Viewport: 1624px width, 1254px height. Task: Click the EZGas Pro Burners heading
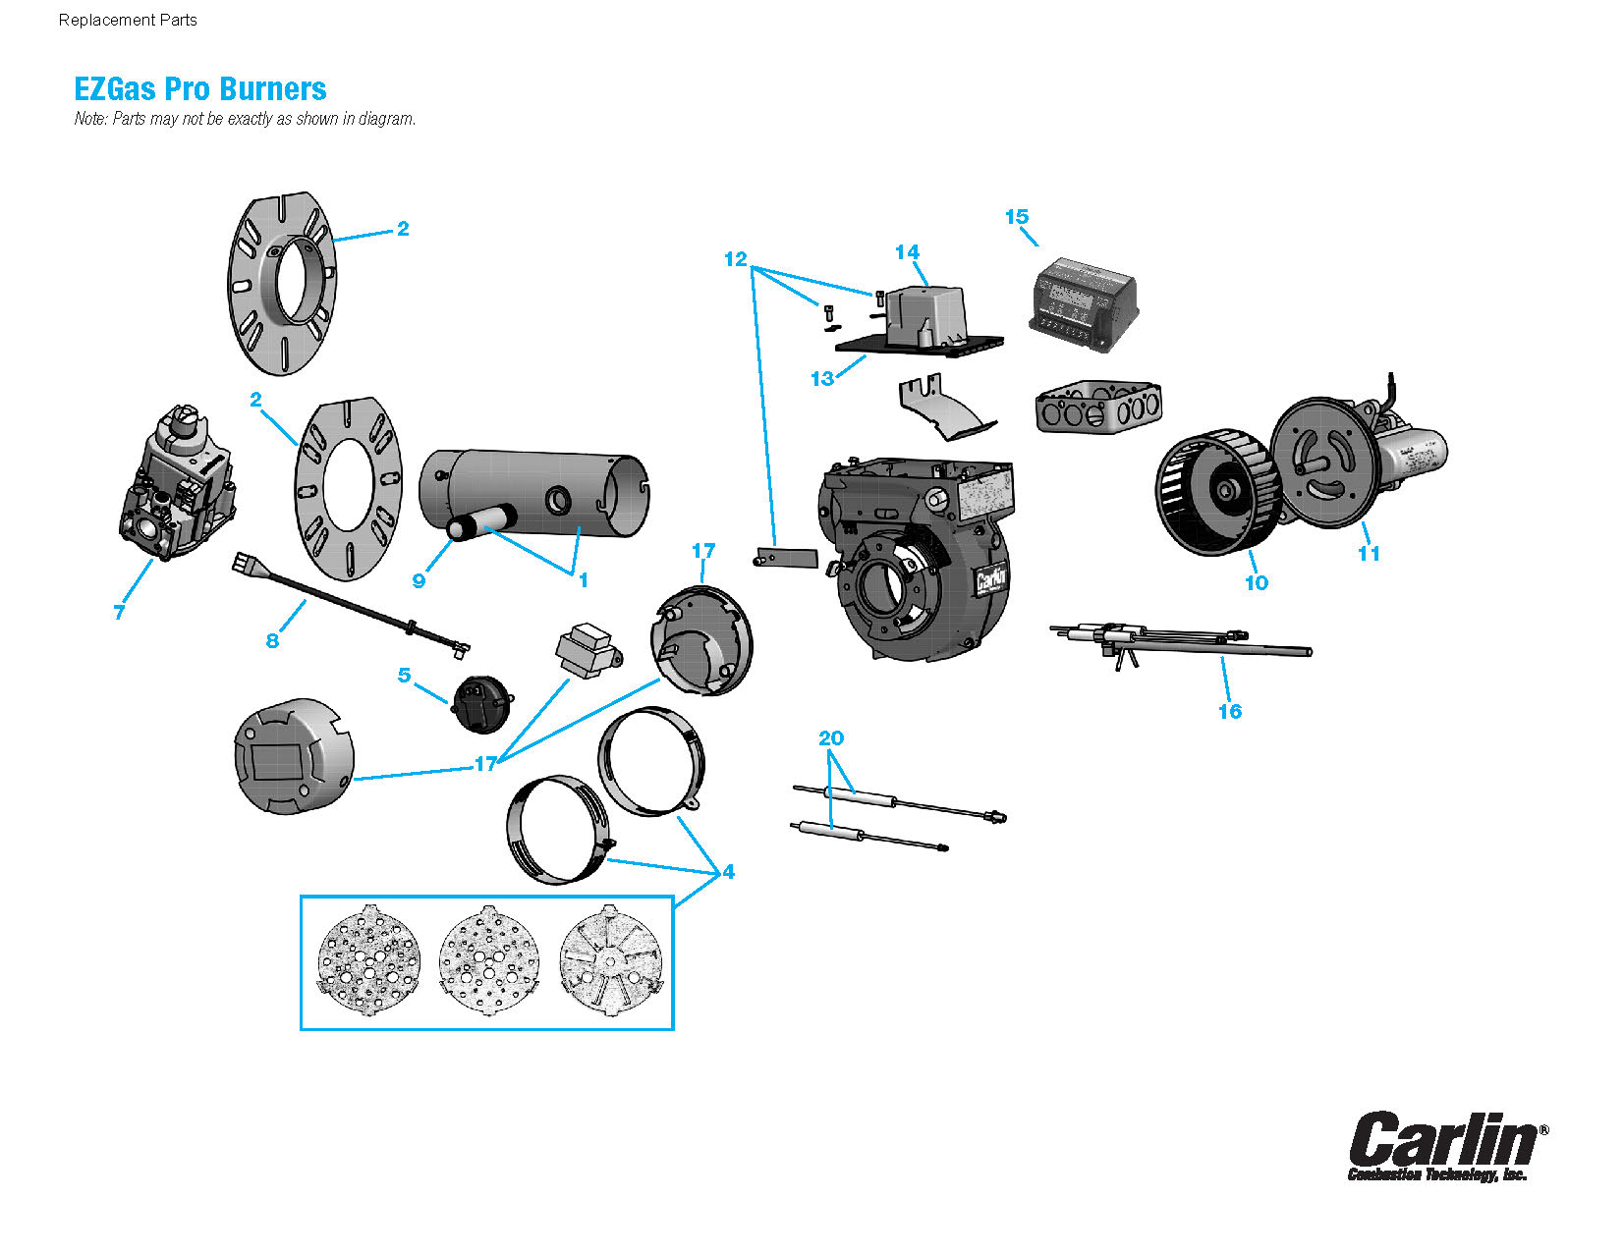pyautogui.click(x=200, y=89)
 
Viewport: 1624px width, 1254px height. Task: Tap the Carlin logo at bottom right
pyautogui.click(x=1444, y=1144)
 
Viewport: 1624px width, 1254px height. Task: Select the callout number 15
pyautogui.click(x=1016, y=217)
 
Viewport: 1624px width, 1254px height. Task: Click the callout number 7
pyautogui.click(x=119, y=613)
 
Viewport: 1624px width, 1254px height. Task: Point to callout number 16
pyautogui.click(x=1229, y=712)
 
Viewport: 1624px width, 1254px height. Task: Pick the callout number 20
pyautogui.click(x=830, y=738)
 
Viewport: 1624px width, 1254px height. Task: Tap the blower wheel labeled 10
pyautogui.click(x=1216, y=491)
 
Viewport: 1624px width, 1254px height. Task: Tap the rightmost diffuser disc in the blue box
pyautogui.click(x=611, y=959)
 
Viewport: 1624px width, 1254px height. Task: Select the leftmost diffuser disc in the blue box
pyautogui.click(x=369, y=959)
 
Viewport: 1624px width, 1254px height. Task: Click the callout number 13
pyautogui.click(x=821, y=379)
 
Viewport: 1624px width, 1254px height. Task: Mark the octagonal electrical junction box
pyautogui.click(x=1098, y=407)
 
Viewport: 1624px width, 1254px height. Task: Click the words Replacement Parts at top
pyautogui.click(x=128, y=20)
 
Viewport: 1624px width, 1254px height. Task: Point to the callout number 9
pyautogui.click(x=419, y=581)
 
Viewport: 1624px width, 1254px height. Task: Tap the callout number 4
pyautogui.click(x=728, y=872)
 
